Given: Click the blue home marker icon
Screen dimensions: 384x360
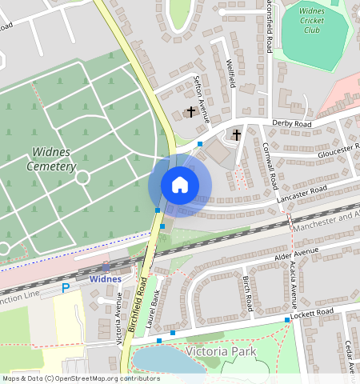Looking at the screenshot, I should tap(180, 186).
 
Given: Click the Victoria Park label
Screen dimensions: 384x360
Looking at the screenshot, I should tap(221, 351).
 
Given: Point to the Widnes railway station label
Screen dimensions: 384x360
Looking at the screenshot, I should tap(106, 279).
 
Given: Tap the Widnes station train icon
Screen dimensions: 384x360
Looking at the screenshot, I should tap(106, 267).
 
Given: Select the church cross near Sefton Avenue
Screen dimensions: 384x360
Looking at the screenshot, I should tap(191, 110).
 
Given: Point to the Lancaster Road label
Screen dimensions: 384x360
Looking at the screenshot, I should tap(301, 192).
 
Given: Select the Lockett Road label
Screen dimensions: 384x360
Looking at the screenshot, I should tap(313, 312).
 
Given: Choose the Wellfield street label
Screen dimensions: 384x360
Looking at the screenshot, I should tap(230, 74).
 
